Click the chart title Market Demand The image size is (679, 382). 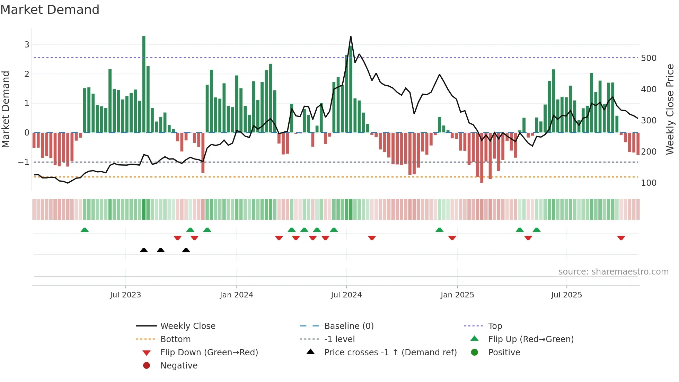pos(50,10)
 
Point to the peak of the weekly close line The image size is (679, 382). pos(351,36)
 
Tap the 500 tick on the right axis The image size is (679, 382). pos(649,58)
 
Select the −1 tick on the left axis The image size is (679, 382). pos(24,162)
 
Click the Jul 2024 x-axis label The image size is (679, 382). pos(346,295)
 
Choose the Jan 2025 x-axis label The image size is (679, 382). pos(457,295)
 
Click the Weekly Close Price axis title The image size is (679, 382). pos(670,109)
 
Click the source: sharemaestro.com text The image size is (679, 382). pos(613,272)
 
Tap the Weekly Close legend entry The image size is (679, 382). pos(187,326)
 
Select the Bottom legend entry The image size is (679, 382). pos(175,339)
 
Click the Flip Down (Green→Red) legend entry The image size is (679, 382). pos(209,353)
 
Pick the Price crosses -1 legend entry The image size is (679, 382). pos(390,353)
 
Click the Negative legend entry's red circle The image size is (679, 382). pos(147,366)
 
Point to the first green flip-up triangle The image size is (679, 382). pos(85,230)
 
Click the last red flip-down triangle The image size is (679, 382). pos(621,238)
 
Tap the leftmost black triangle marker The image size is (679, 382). pos(144,250)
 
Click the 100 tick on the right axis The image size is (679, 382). pos(649,183)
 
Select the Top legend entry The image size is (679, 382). pos(495,326)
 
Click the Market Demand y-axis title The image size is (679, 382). pos(6,109)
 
